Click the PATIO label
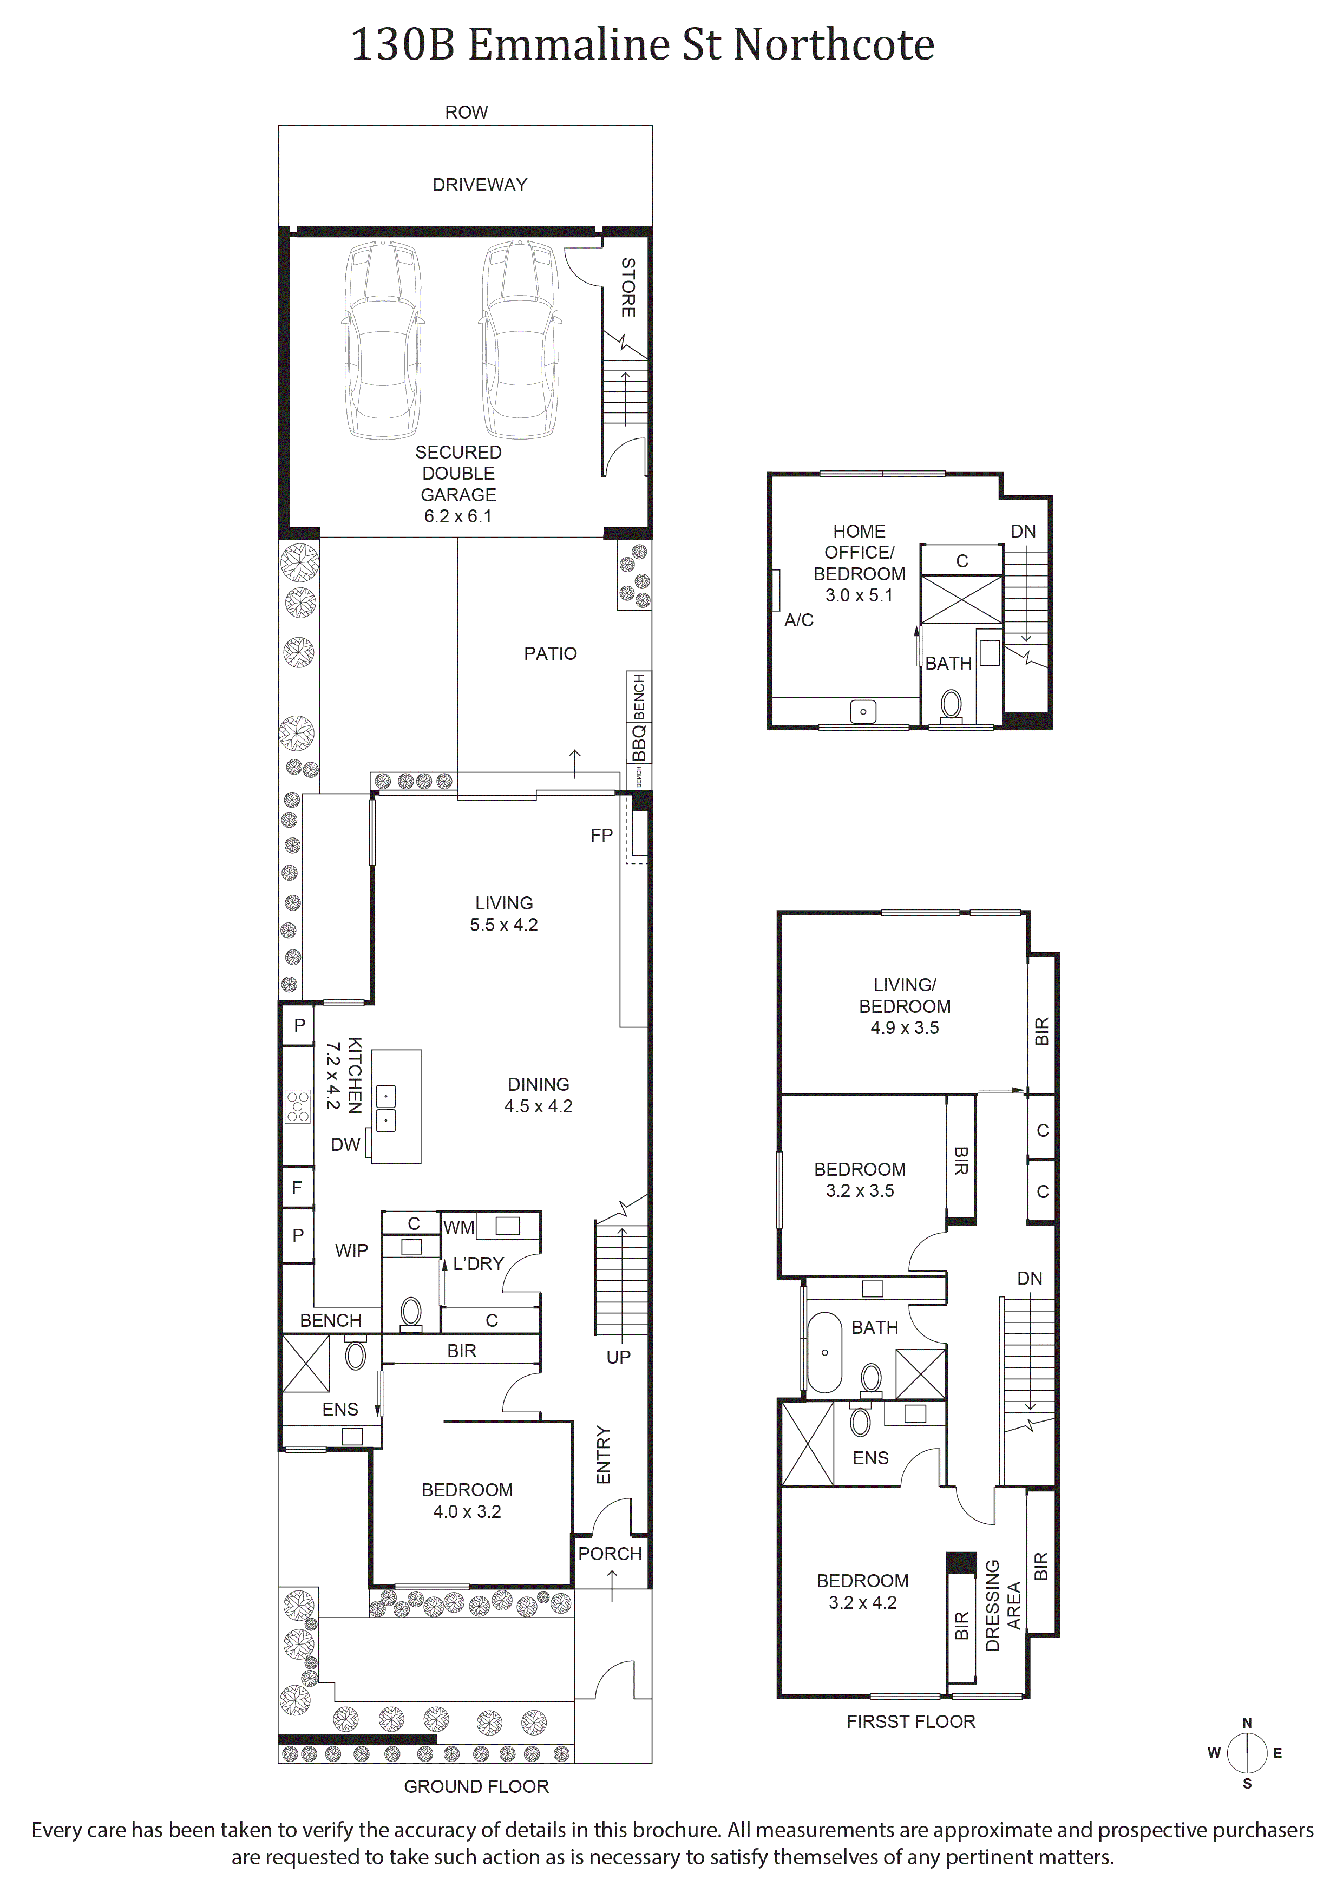coord(550,653)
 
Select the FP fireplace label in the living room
coord(601,835)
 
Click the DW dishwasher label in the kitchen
coord(346,1145)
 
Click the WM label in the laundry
coord(459,1227)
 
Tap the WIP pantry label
coord(351,1250)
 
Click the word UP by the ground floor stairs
coord(619,1357)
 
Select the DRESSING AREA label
coord(1003,1606)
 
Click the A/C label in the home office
coord(799,620)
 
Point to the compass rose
coord(1247,1753)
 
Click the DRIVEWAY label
coord(480,185)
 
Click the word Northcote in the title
coord(834,45)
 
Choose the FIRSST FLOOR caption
coord(910,1721)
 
